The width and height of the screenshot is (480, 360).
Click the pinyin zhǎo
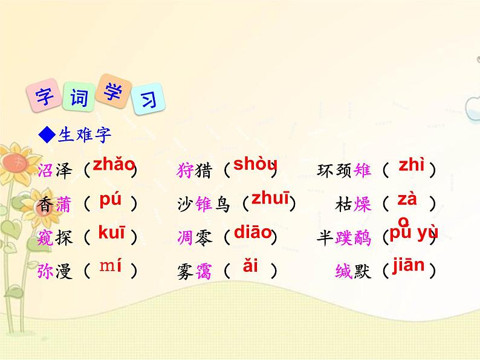click(x=114, y=164)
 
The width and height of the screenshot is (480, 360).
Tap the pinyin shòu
click(x=255, y=164)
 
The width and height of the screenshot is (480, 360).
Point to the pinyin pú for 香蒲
click(x=110, y=200)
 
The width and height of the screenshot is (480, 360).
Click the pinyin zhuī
click(x=270, y=199)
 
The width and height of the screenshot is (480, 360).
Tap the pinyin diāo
click(x=252, y=233)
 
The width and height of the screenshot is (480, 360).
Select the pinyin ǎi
click(x=250, y=266)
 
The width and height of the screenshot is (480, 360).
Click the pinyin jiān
click(x=409, y=265)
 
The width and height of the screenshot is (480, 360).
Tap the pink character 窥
click(x=45, y=239)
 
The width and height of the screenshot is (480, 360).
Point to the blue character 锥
click(x=204, y=205)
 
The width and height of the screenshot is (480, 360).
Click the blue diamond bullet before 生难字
click(x=47, y=135)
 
